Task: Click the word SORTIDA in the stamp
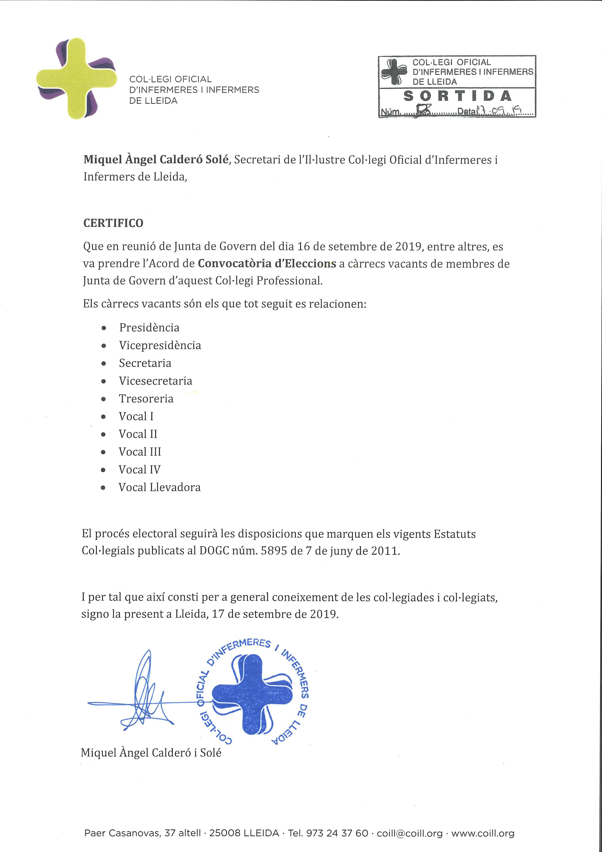457,96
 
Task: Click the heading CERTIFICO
113,223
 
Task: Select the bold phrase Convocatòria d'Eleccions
267,264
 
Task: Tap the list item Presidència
149,328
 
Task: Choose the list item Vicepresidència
160,345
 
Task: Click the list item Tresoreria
146,399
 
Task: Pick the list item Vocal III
140,452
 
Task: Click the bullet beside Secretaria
104,363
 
